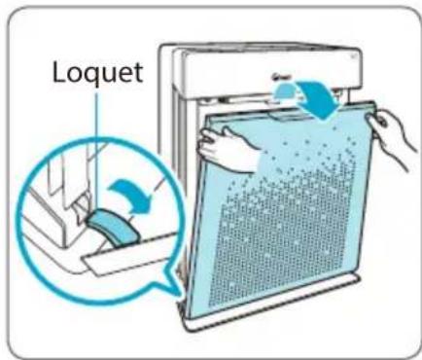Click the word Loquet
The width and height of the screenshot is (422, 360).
pos(97,73)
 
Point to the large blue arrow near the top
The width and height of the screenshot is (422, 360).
pos(319,99)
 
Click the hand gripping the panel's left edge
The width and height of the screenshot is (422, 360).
pos(227,149)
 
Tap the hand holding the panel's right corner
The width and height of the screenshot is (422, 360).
pos(391,136)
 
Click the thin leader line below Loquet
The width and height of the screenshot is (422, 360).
pos(96,153)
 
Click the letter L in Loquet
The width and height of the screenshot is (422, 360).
pos(58,72)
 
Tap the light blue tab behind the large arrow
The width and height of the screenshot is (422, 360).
pos(285,90)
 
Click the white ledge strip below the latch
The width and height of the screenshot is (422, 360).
pos(129,256)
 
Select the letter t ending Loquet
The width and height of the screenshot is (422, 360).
pos(138,73)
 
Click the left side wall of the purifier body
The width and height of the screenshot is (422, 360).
pos(177,162)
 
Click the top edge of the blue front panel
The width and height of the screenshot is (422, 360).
pos(292,110)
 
